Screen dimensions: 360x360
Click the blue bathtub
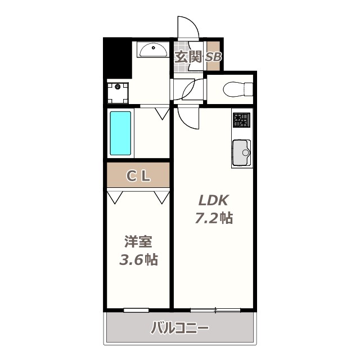(x=120, y=133)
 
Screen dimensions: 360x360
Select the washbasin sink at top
(x=152, y=51)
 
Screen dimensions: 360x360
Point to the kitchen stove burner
(x=241, y=119)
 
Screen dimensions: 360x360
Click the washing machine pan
(x=118, y=93)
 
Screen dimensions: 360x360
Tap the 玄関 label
(x=188, y=57)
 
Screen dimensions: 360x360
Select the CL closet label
(x=138, y=176)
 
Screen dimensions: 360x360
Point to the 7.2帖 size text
(x=214, y=218)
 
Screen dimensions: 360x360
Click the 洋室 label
(x=138, y=242)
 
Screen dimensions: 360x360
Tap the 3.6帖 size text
(x=138, y=260)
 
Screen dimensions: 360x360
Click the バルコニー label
(x=179, y=328)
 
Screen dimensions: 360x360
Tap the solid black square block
(x=117, y=57)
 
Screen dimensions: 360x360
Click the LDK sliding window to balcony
(x=215, y=310)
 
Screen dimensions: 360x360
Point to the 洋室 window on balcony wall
(x=136, y=310)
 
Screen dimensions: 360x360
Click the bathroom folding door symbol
(x=162, y=113)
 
